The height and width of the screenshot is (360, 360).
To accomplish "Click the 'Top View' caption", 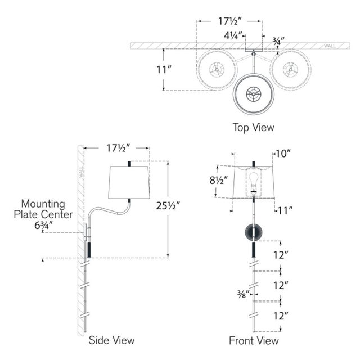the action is tap(254, 128).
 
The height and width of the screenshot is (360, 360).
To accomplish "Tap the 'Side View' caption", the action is tap(111, 340).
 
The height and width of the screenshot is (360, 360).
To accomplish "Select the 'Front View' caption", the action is tap(254, 340).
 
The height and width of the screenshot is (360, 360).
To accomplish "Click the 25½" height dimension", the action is tap(168, 206).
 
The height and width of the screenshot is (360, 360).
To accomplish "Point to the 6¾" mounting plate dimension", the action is tap(44, 225).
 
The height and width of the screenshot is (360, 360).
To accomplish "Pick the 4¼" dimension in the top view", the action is tap(233, 35).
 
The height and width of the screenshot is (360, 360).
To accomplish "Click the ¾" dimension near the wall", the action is tap(278, 41).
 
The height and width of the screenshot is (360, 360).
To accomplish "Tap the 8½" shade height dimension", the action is tap(219, 180).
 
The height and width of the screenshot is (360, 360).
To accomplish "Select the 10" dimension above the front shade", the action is tap(283, 154).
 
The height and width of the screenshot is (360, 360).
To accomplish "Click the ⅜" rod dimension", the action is tap(243, 294).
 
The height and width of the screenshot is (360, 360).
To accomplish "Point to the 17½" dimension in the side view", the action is tap(118, 148).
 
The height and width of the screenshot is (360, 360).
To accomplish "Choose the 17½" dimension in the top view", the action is tap(230, 21).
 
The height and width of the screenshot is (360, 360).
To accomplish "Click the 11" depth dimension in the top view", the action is tap(164, 70).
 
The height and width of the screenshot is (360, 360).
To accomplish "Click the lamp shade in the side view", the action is tap(129, 182).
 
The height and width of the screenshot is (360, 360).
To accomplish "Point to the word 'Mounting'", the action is tap(43, 204).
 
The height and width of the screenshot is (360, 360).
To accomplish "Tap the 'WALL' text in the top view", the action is tap(330, 46).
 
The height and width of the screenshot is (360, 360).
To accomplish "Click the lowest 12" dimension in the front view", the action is tap(280, 316).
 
